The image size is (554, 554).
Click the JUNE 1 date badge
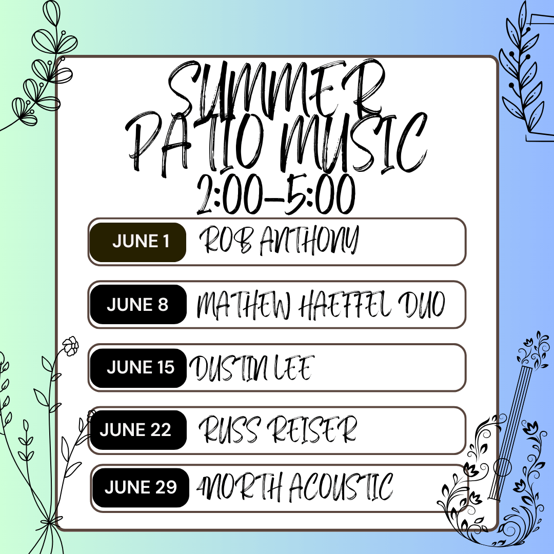[138, 242]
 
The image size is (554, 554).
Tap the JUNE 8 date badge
[138, 304]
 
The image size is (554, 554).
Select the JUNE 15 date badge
[138, 368]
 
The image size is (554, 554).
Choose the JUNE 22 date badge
[138, 430]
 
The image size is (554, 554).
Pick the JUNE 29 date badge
[141, 488]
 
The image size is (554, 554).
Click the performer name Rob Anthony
[279, 240]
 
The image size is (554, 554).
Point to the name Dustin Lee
[251, 368]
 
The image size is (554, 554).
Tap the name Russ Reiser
[278, 429]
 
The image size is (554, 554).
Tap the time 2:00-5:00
[275, 194]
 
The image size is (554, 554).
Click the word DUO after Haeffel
[422, 305]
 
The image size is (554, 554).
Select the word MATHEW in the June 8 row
[244, 305]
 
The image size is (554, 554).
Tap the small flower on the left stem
[71, 346]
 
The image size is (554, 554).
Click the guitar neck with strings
[510, 433]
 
